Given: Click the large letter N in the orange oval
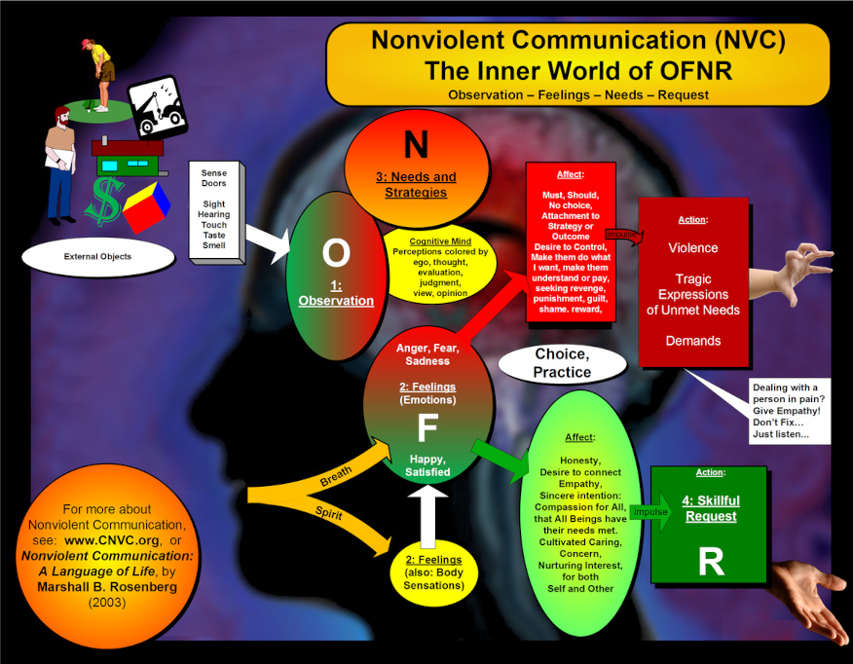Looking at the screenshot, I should click(x=416, y=145).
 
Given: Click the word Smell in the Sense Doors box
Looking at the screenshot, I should click(x=213, y=245).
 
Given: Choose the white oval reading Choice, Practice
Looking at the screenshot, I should click(x=562, y=363).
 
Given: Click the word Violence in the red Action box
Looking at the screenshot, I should click(x=692, y=247).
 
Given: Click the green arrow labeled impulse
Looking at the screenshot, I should click(x=651, y=512).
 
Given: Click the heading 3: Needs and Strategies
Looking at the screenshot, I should click(x=416, y=184).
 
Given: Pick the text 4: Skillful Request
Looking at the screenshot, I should click(x=712, y=507).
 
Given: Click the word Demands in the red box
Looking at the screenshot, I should click(x=692, y=341).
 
